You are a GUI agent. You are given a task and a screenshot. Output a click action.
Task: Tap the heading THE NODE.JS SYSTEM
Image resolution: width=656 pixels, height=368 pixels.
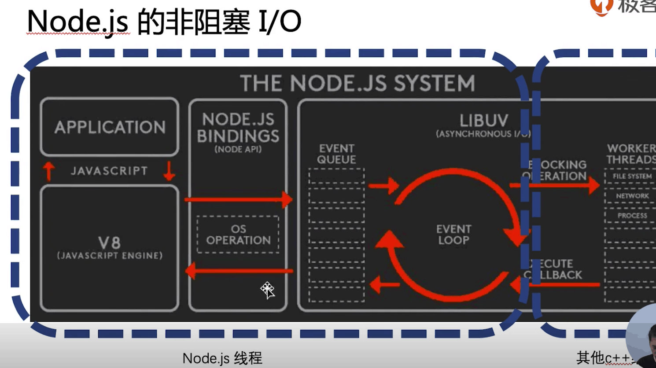(x=357, y=83)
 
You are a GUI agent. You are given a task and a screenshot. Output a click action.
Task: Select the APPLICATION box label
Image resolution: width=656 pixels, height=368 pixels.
(x=110, y=127)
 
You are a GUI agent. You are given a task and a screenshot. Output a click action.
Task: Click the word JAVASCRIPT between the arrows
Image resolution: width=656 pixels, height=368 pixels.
(x=109, y=171)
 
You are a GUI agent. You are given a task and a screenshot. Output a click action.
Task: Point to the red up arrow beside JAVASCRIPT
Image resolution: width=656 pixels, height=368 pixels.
(x=49, y=171)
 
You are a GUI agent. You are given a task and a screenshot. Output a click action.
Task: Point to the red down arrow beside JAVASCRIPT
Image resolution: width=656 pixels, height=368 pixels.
(x=169, y=171)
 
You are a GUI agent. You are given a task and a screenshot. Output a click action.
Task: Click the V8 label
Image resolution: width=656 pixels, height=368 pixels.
(x=110, y=243)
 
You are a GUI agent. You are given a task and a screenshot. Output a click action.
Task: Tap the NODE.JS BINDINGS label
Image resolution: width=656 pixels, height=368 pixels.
(x=238, y=128)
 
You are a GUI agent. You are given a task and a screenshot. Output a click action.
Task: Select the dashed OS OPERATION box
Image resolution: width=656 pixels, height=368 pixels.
(x=238, y=235)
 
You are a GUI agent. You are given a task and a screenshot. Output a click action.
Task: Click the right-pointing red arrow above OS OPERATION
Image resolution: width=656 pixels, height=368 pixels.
(x=238, y=199)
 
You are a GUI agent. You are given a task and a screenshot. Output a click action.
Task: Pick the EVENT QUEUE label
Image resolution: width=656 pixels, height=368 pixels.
(x=337, y=154)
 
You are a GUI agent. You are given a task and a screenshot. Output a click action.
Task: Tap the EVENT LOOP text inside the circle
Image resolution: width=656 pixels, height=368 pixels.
(x=453, y=235)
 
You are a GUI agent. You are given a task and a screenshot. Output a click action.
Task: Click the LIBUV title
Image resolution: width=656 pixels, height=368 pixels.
(x=483, y=121)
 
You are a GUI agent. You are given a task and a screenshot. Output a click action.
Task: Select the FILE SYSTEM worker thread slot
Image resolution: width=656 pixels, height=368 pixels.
(x=632, y=176)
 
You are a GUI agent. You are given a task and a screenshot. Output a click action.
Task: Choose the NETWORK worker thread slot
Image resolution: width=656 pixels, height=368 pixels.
(x=632, y=196)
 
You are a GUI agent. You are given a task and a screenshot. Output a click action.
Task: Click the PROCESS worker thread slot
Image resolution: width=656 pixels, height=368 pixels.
(x=632, y=216)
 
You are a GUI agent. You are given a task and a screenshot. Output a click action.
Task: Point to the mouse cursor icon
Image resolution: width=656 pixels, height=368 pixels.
(x=267, y=290)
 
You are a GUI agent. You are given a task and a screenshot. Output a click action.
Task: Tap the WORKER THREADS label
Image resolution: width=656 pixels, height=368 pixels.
(x=631, y=154)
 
